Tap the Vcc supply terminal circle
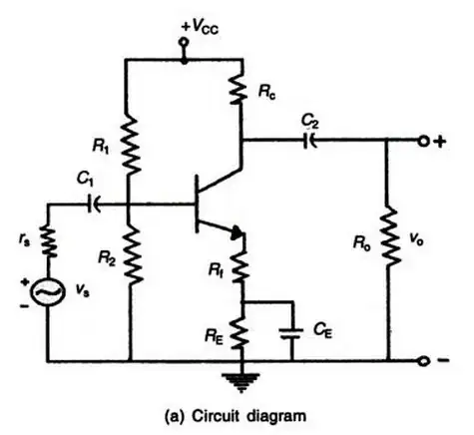tap(184, 44)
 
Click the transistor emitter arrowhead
tap(237, 235)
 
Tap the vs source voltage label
tap(84, 292)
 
